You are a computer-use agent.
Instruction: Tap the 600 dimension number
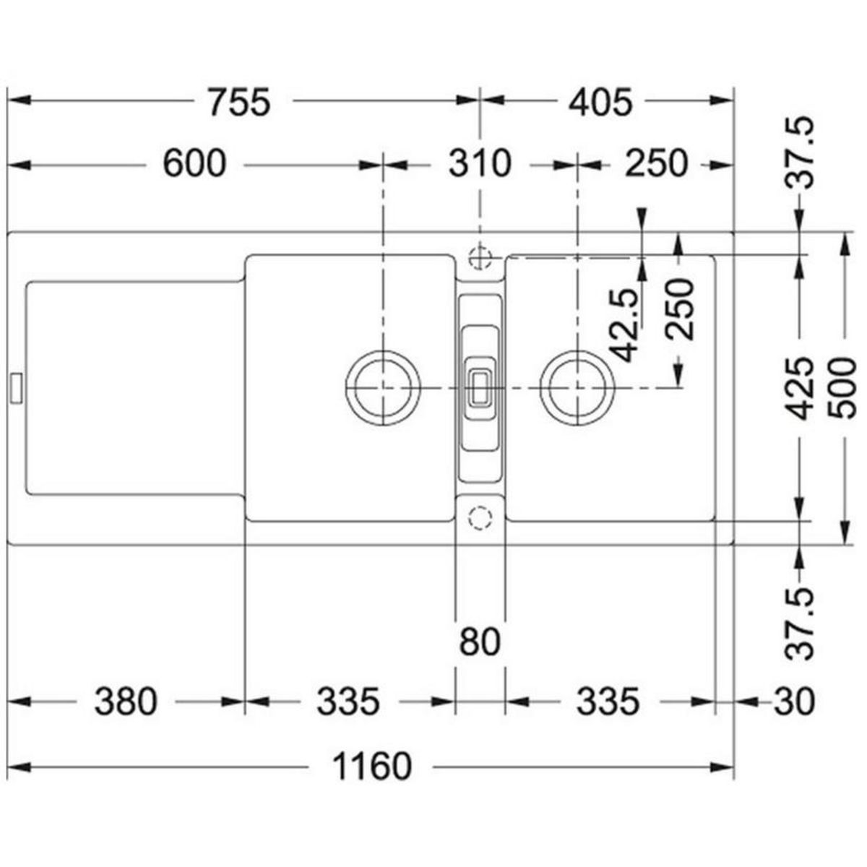point(194,164)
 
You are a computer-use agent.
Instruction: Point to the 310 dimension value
point(480,164)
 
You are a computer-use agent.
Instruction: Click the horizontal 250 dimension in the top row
point(656,164)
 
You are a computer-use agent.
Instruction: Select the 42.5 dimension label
point(626,324)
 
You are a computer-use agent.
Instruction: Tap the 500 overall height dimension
point(842,388)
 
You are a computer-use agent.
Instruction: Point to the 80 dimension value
point(480,641)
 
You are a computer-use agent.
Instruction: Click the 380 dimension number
point(125,701)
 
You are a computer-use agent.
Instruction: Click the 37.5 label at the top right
point(803,152)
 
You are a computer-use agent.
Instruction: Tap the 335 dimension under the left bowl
point(348,701)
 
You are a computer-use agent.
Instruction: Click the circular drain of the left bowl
point(382,388)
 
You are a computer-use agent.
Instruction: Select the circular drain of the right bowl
point(577,388)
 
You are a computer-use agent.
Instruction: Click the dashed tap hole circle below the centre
point(480,517)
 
